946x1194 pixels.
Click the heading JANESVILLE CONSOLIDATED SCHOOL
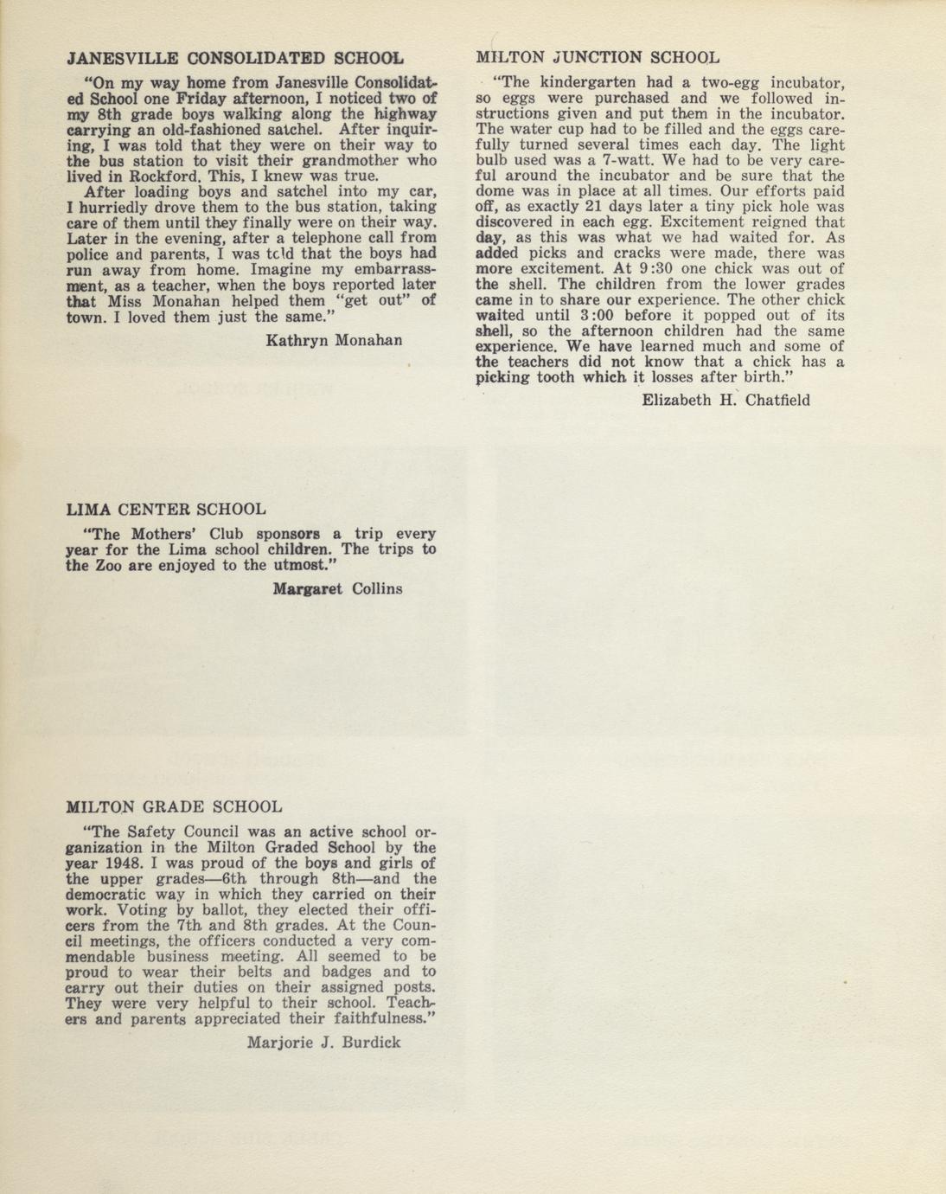[x=234, y=60]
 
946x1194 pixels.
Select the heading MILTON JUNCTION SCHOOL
[x=598, y=58]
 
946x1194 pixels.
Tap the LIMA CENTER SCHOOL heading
[x=166, y=510]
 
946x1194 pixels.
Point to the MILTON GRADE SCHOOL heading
[x=174, y=807]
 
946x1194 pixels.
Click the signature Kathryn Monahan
[x=334, y=340]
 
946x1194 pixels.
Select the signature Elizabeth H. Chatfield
[x=725, y=400]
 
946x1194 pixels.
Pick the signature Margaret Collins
[x=337, y=589]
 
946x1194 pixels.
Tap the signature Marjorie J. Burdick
[x=323, y=1043]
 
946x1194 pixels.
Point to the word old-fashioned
[x=197, y=130]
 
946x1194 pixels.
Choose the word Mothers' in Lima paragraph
[x=169, y=534]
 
